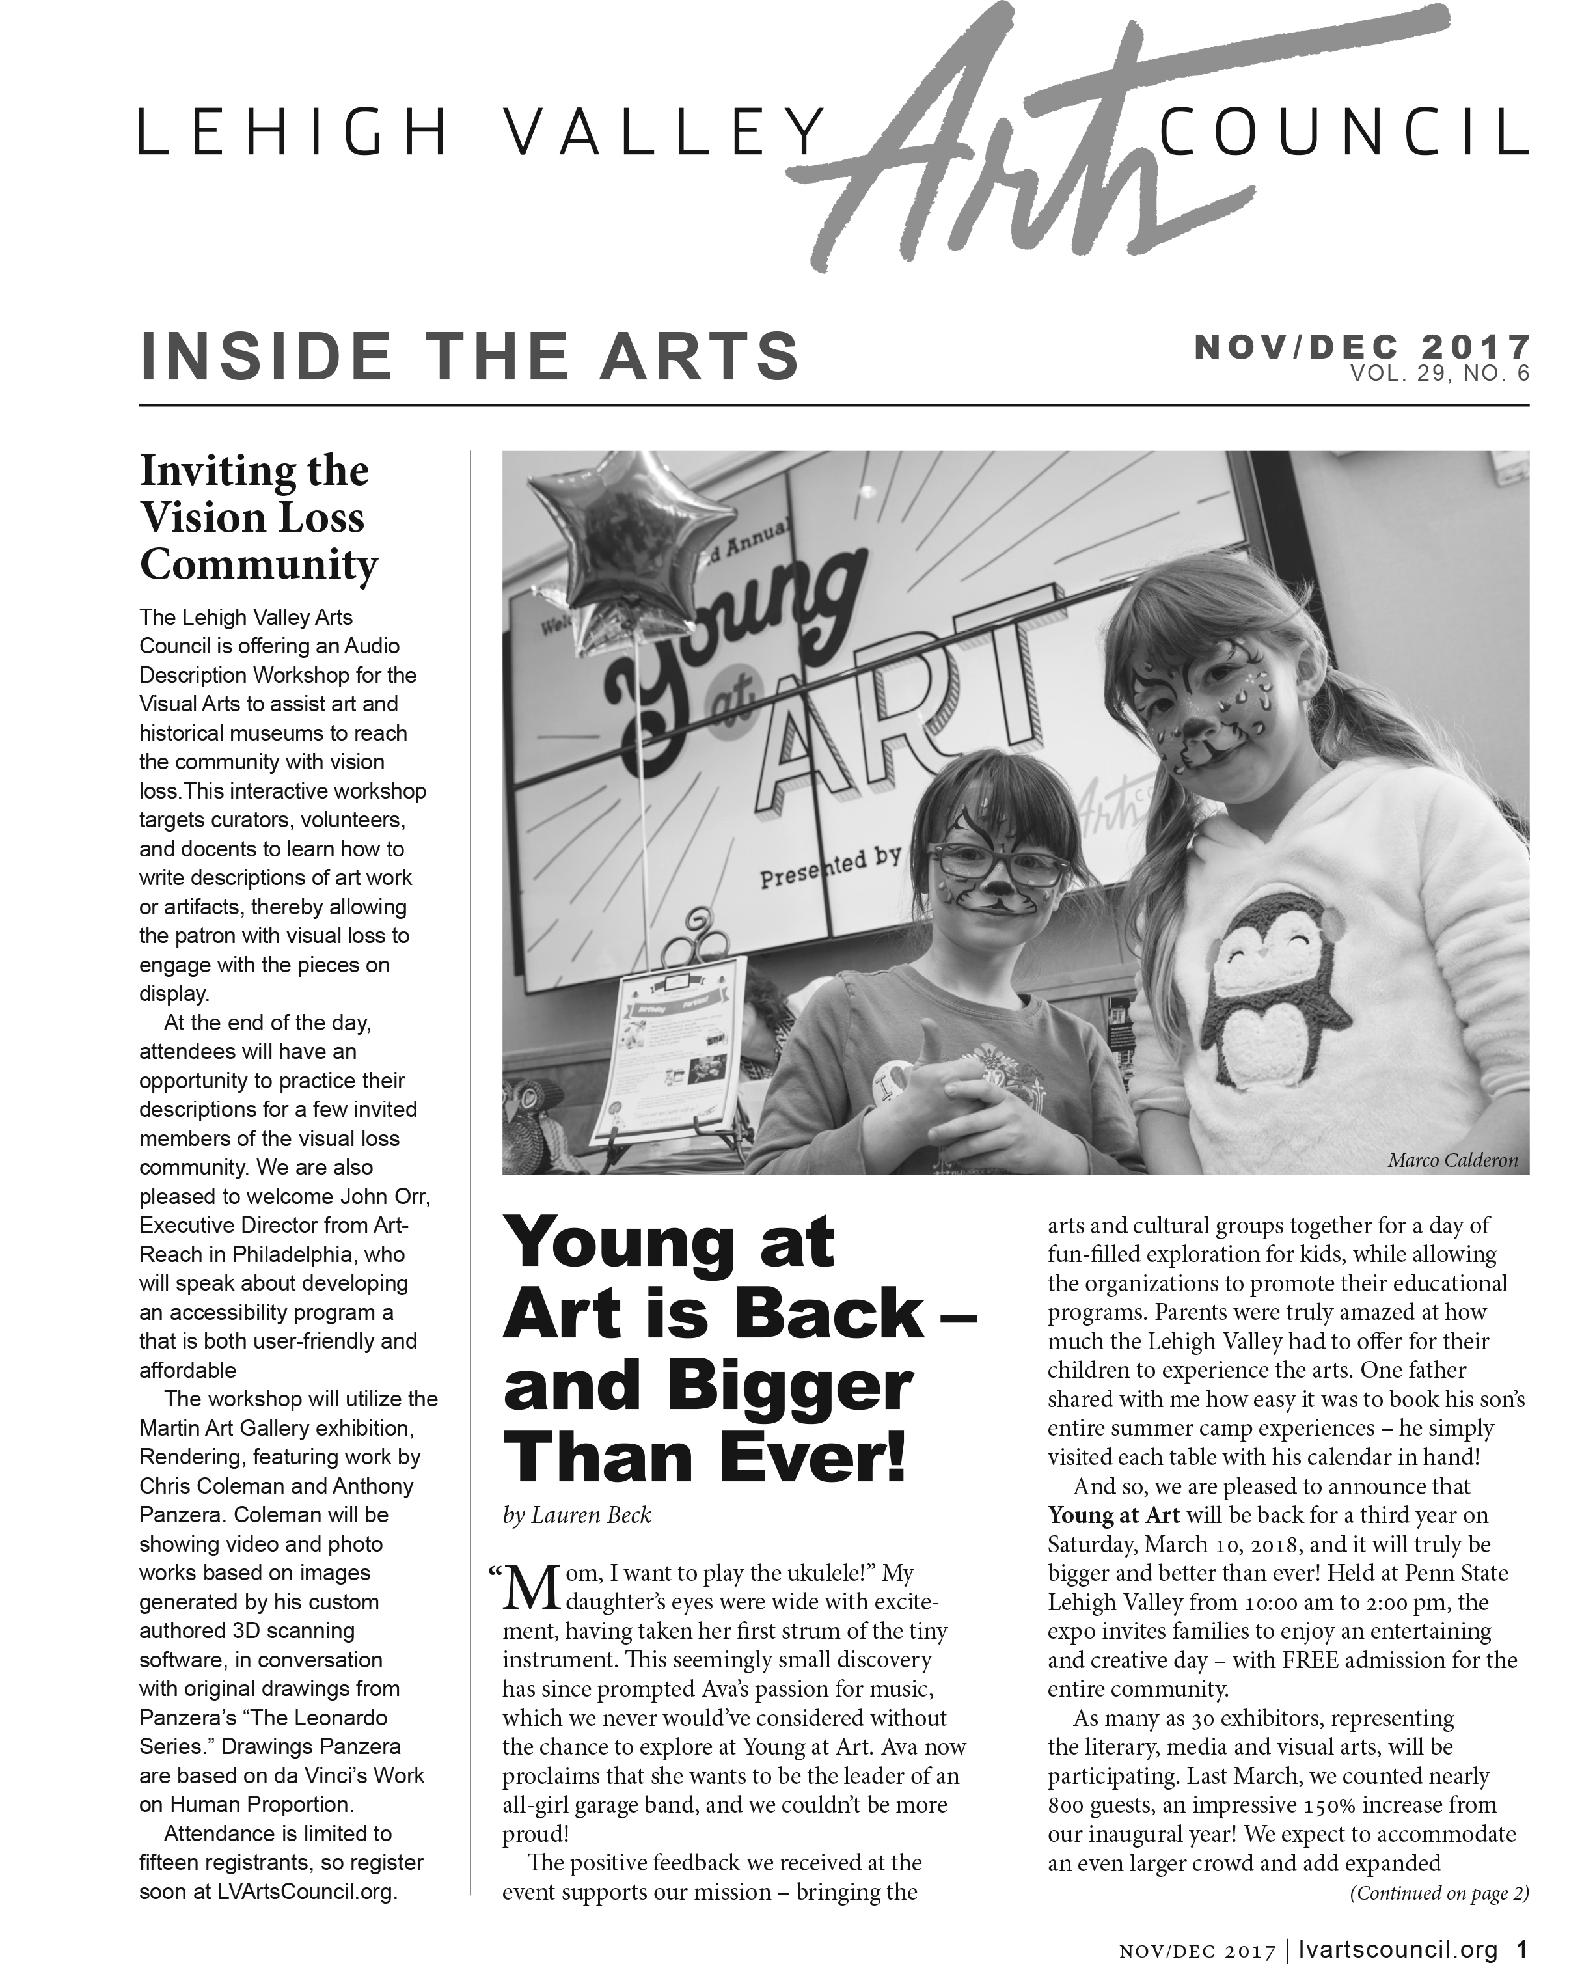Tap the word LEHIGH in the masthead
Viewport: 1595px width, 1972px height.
293,133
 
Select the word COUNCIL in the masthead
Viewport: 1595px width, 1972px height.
1343,133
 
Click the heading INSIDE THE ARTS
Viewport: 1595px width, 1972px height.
469,357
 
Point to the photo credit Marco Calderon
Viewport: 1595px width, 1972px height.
1452,1160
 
